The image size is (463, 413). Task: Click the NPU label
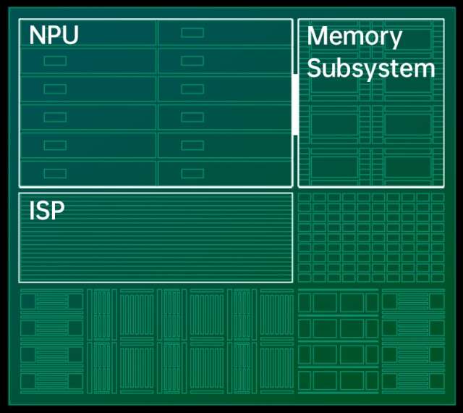[x=54, y=35]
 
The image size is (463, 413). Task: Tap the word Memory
[x=354, y=36]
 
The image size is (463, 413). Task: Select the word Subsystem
[x=371, y=69]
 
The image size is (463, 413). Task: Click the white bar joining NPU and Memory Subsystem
[x=295, y=104]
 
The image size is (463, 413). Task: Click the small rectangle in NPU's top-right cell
[x=192, y=33]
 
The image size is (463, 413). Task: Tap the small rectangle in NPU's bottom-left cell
[x=55, y=173]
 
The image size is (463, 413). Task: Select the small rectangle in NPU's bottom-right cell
[x=192, y=173]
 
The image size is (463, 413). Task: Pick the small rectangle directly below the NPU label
[x=55, y=61]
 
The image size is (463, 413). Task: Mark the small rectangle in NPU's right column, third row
[x=192, y=89]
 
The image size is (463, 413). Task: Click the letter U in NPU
[x=69, y=35]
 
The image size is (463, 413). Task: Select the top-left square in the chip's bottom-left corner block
[x=28, y=301]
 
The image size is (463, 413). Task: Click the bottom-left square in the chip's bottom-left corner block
[x=28, y=381]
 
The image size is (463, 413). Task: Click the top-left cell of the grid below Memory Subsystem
[x=305, y=198]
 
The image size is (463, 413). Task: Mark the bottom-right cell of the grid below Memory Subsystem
[x=438, y=276]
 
